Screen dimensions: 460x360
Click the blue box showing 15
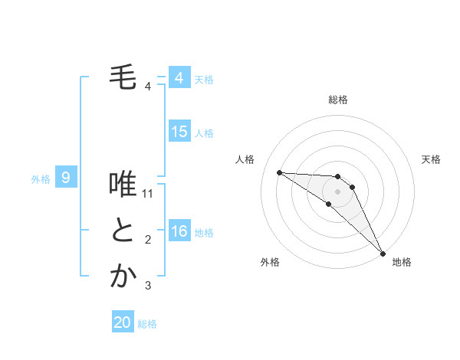point(179,132)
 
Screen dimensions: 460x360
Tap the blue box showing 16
point(179,231)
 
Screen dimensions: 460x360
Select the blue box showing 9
point(66,178)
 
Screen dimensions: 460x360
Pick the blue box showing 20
point(123,322)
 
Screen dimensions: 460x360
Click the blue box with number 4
point(179,78)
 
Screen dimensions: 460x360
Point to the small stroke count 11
point(149,194)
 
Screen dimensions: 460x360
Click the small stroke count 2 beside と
point(148,240)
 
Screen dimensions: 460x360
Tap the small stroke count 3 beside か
point(148,286)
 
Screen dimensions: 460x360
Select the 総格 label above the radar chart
point(338,100)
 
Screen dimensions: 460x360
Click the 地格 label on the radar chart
point(402,262)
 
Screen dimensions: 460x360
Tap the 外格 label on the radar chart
point(270,262)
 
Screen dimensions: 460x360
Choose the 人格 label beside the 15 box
point(204,133)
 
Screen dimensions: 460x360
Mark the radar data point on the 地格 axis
point(382,252)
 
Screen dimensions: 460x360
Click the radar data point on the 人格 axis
point(279,172)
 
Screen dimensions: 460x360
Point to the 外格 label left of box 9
point(41,179)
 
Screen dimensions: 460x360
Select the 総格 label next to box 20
point(147,324)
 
